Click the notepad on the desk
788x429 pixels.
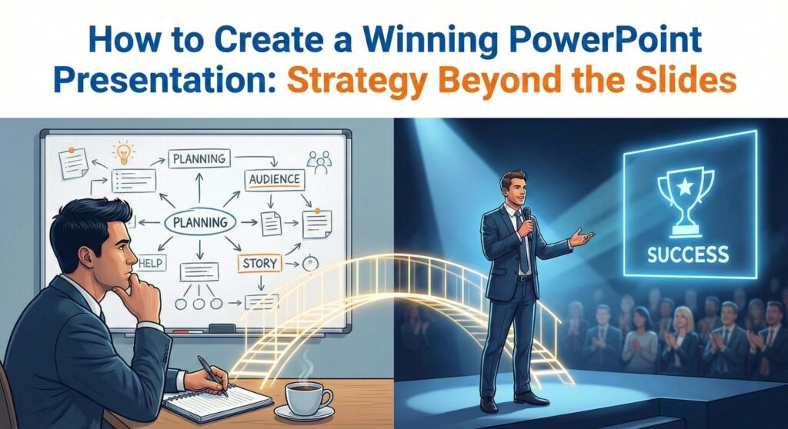coord(219,402)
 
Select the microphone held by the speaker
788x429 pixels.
coord(526,219)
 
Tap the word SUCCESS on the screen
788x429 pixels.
coord(688,253)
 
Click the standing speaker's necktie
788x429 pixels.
coord(523,246)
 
